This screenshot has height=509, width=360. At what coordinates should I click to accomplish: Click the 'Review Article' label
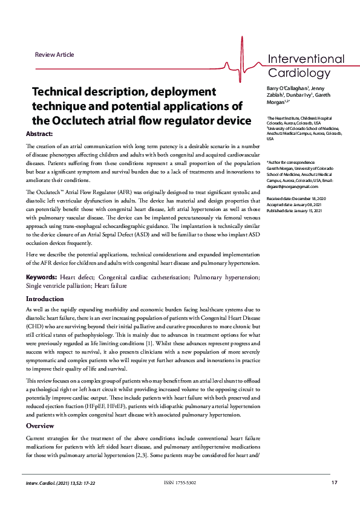pyautogui.click(x=54, y=55)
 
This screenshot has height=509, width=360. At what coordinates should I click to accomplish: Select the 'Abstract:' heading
pyautogui.click(x=39, y=133)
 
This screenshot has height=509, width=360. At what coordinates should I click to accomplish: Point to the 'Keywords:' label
pyautogui.click(x=41, y=277)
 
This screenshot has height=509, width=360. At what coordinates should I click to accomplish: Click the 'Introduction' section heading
pyautogui.click(x=45, y=299)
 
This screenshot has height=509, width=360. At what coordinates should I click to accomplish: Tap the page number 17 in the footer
pyautogui.click(x=334, y=482)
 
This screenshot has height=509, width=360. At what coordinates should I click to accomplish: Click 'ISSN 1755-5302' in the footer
pyautogui.click(x=180, y=482)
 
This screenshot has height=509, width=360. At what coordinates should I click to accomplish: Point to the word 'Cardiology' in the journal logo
pyautogui.click(x=296, y=74)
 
